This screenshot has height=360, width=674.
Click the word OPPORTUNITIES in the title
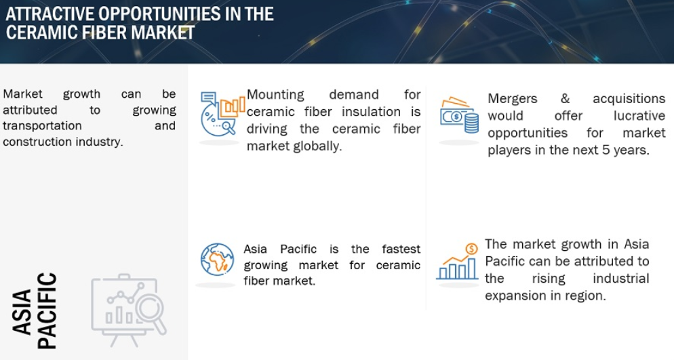click(159, 14)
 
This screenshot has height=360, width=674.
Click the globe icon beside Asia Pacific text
click(218, 260)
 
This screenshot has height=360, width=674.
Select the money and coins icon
click(459, 115)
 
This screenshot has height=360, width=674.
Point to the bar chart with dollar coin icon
click(457, 262)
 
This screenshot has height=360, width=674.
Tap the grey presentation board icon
click(129, 310)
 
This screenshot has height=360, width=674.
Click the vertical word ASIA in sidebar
click(22, 312)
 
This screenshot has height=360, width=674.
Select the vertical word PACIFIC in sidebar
click(47, 311)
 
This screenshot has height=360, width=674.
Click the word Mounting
click(275, 94)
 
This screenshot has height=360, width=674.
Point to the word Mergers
click(513, 99)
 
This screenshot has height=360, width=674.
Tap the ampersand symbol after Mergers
click(565, 98)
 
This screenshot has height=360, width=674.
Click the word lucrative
click(639, 115)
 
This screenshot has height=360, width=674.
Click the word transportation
click(42, 126)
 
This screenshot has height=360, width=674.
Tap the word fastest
click(401, 249)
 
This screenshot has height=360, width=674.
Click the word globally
click(317, 146)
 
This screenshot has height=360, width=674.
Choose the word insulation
click(371, 112)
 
